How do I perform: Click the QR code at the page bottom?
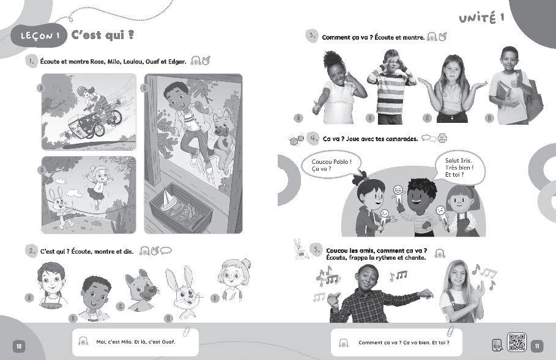click(517, 342)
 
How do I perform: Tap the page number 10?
click(19, 346)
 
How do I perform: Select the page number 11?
click(537, 346)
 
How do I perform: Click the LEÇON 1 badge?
click(39, 35)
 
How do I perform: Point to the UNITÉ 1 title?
click(481, 18)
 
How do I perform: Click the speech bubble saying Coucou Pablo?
click(332, 166)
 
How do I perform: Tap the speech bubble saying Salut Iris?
click(459, 167)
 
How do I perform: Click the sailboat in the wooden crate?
click(168, 201)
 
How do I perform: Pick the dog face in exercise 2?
click(141, 290)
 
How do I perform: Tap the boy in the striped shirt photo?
click(391, 87)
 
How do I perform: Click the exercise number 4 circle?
click(313, 138)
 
